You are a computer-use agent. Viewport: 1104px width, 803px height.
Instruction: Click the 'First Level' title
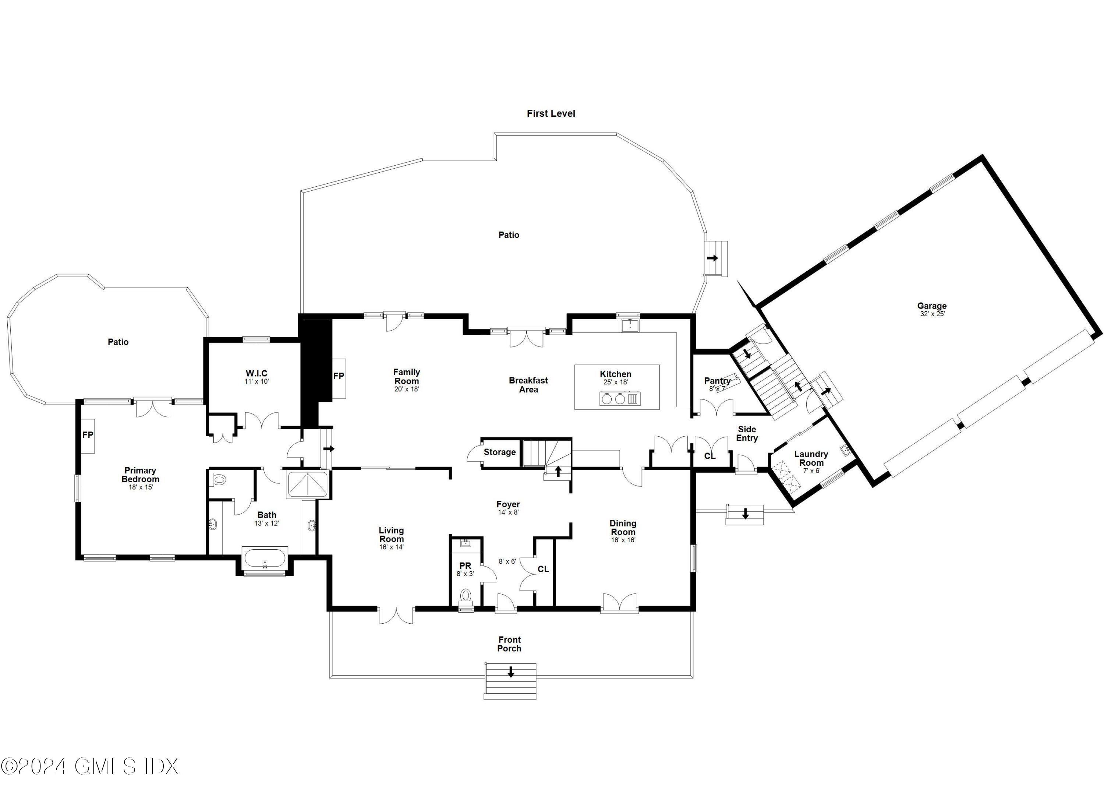(551, 113)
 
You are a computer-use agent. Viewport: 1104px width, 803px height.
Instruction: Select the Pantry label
(717, 381)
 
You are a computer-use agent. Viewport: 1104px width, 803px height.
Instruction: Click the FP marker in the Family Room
(338, 376)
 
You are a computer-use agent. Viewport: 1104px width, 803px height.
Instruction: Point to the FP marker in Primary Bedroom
(88, 435)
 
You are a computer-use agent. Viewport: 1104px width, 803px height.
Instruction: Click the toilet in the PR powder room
(466, 595)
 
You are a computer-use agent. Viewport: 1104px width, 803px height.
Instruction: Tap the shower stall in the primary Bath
(308, 484)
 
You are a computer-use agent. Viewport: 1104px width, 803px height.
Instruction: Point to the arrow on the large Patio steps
(713, 258)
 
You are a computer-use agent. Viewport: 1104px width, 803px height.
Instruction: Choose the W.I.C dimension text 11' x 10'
(256, 382)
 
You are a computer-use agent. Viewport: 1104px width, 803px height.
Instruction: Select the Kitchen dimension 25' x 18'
(615, 382)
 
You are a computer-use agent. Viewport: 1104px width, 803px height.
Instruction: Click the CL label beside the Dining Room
(543, 569)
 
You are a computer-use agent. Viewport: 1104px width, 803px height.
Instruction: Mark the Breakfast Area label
(528, 385)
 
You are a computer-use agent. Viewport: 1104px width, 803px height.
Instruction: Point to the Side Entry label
(747, 433)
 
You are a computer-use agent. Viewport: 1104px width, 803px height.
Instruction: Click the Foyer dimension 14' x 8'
(508, 512)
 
